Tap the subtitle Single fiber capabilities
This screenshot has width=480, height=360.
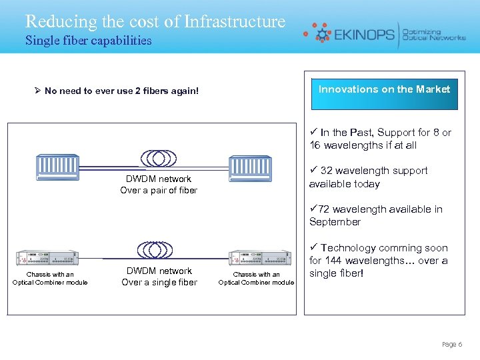88,41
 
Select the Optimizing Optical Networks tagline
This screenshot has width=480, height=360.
434,34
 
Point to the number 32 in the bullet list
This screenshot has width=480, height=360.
327,171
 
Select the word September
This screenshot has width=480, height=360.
335,222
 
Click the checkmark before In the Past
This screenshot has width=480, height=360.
313,133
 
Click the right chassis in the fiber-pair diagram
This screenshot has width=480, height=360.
250,167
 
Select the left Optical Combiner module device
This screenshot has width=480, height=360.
48,257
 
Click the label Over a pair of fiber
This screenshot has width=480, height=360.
159,191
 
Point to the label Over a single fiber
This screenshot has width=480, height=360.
159,282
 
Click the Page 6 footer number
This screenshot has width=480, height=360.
451,344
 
